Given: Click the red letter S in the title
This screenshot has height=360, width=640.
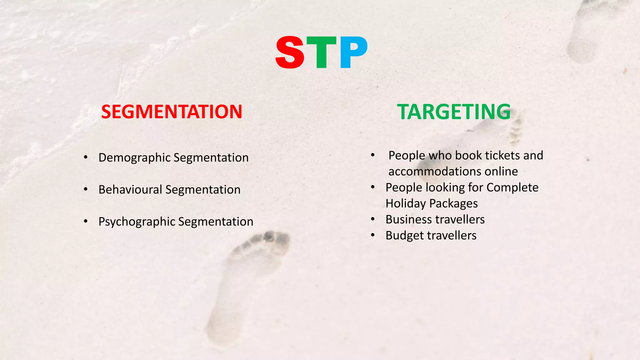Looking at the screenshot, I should pyautogui.click(x=290, y=52).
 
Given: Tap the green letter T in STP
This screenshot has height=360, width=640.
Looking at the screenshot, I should pyautogui.click(x=322, y=52).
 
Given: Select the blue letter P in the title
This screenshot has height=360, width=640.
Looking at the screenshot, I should pyautogui.click(x=353, y=52).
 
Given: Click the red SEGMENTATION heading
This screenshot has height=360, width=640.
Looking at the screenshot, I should pyautogui.click(x=172, y=112).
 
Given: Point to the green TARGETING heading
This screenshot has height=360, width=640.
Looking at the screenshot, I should pyautogui.click(x=454, y=112).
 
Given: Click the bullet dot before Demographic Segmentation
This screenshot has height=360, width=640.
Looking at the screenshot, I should pyautogui.click(x=86, y=157).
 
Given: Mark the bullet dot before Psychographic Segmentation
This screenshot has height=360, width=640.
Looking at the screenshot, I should pyautogui.click(x=86, y=221).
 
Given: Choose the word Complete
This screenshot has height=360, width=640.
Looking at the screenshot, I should pyautogui.click(x=512, y=187).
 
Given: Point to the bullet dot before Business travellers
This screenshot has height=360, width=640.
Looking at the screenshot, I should pyautogui.click(x=372, y=219).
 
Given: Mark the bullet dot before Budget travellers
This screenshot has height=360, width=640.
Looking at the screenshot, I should pyautogui.click(x=372, y=235).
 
